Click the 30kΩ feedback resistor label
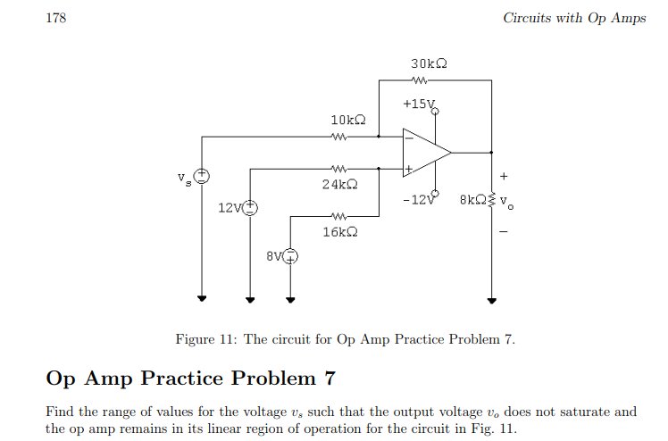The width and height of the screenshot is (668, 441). point(429,64)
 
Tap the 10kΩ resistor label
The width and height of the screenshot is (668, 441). point(348,120)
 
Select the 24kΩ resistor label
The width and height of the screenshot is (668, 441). point(339,185)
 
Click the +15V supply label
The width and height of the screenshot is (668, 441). point(419,104)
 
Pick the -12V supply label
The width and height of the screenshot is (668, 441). point(418,199)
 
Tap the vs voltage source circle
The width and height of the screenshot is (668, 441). point(203,175)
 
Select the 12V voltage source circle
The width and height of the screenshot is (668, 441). point(250,207)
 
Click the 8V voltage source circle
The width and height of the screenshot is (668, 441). point(291,256)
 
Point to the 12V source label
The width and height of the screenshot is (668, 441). point(229,208)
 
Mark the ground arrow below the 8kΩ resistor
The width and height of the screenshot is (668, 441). point(491,300)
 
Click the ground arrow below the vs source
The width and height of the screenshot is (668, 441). point(203,300)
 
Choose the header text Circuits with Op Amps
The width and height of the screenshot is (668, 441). point(574,18)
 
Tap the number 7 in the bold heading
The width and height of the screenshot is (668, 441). point(329,379)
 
